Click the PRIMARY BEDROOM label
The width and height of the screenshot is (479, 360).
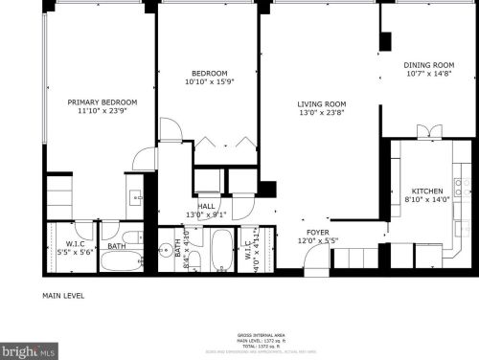(x=102, y=102)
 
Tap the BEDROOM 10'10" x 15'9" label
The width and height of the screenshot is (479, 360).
(x=208, y=74)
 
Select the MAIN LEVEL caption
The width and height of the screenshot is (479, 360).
(x=65, y=296)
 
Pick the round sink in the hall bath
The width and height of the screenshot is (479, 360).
(x=166, y=250)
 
